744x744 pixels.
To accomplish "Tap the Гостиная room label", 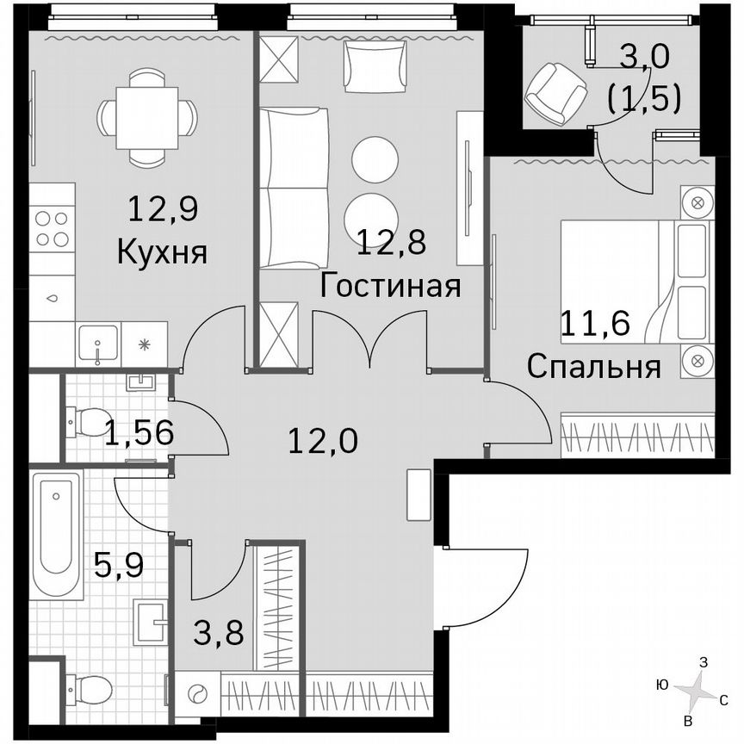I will pos(389,285).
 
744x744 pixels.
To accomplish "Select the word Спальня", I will pos(593,367).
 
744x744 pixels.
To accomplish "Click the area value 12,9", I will pos(161,208).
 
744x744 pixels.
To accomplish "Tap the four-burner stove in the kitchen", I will pos(52,228).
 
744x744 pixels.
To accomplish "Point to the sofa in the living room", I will pos(293,188).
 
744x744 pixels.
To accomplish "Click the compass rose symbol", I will pos(698,689).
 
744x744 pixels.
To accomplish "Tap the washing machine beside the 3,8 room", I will pos(197,694).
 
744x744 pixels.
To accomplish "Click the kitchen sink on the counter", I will pos(97,344).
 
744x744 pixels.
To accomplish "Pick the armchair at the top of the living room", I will pos(374,66).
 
